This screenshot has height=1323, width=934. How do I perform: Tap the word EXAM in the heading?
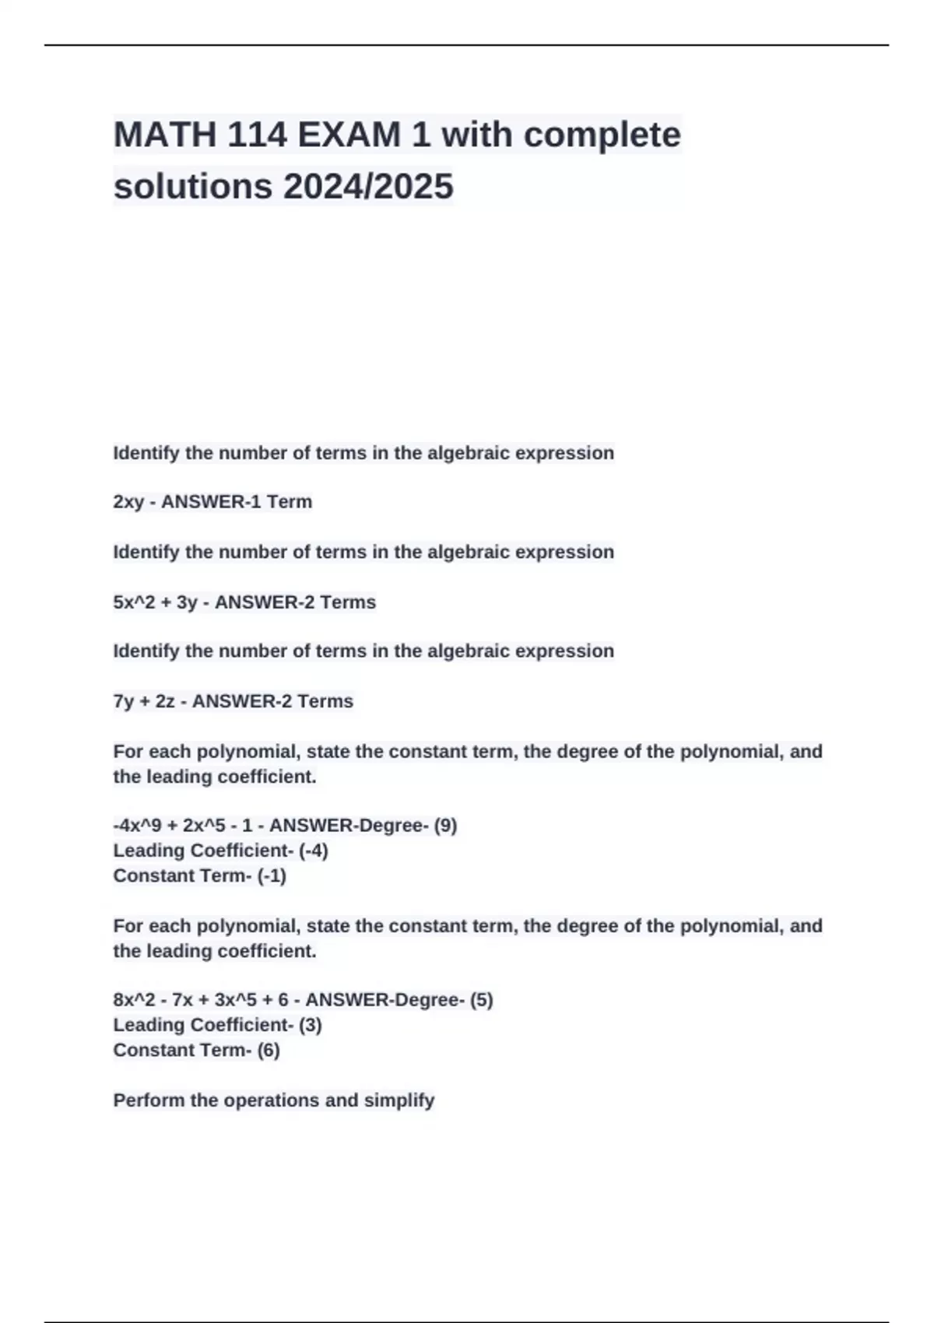349,135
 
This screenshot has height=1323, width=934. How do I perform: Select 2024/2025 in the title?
367,187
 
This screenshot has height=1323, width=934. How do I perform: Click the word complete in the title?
602,135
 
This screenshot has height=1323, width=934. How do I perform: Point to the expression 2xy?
128,502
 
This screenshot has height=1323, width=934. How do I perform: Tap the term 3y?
187,602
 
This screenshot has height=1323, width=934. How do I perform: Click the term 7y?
124,701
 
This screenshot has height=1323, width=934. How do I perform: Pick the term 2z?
165,701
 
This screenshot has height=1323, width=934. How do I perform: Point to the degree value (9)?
445,826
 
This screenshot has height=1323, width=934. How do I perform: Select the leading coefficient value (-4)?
313,851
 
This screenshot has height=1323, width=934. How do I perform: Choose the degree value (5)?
481,1000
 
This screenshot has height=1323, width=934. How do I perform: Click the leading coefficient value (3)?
310,1025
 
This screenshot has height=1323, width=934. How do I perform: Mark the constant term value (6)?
269,1050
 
